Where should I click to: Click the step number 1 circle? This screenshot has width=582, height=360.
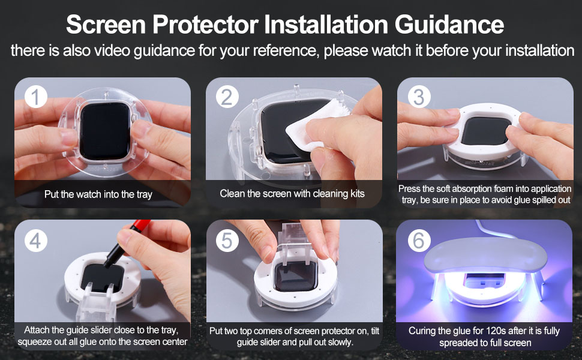tap(35, 97)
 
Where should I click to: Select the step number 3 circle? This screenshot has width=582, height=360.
tap(419, 97)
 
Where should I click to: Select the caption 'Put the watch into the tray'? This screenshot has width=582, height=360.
tap(98, 194)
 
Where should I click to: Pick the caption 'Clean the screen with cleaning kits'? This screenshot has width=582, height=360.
tap(292, 193)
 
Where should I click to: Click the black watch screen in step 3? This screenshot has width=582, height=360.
tap(484, 135)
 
